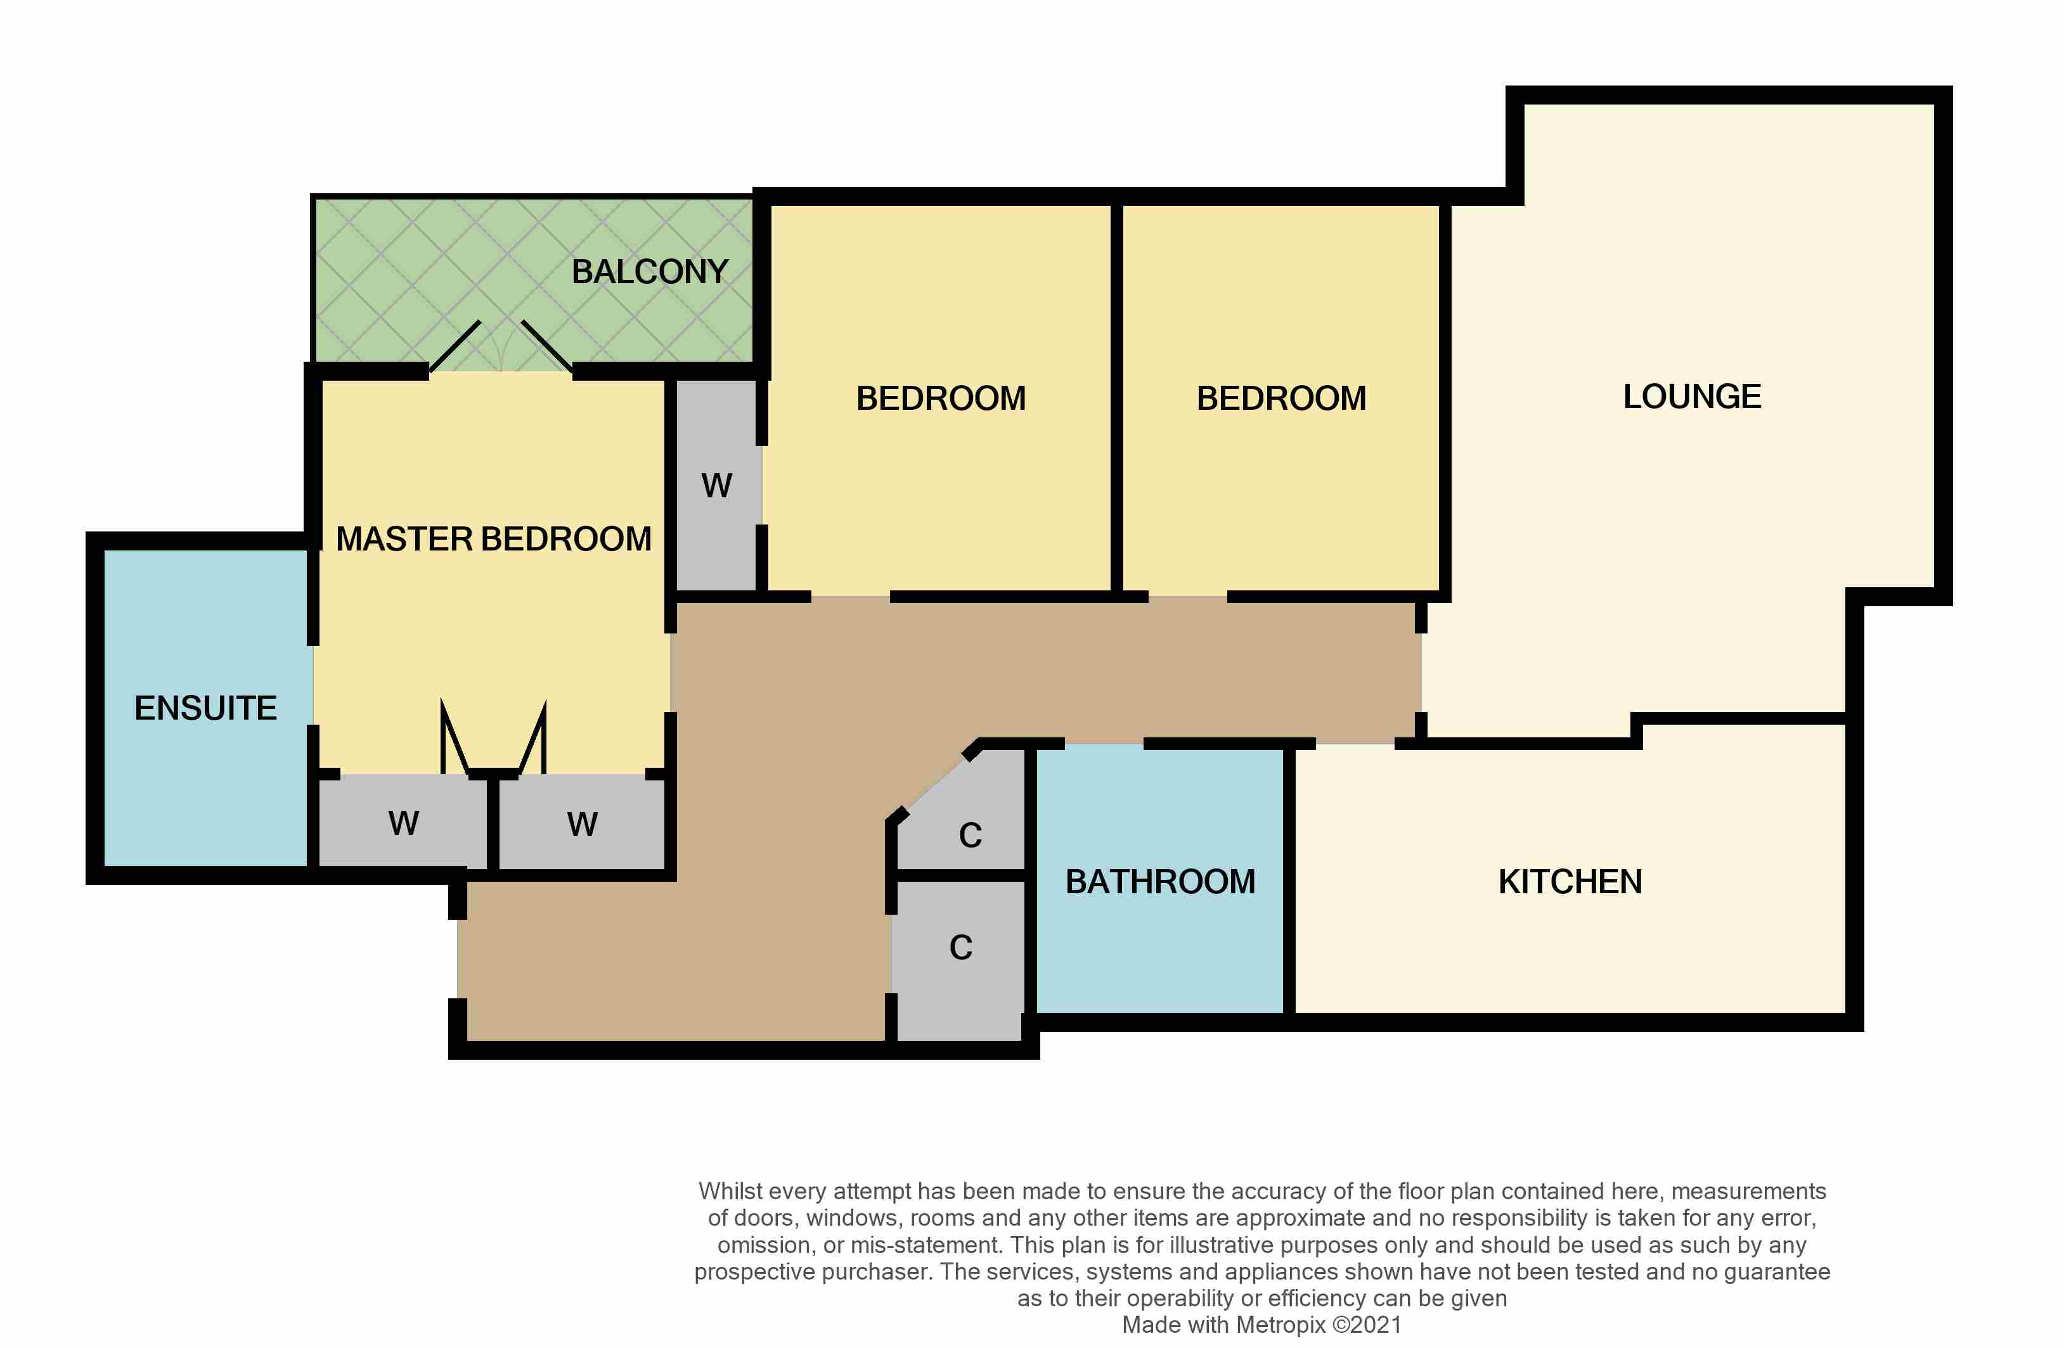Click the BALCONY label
650,272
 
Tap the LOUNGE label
1692,397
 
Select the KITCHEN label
1570,882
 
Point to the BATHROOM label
1160,882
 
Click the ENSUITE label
205,709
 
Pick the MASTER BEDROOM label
493,539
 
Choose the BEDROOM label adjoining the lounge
1281,399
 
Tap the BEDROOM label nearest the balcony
941,399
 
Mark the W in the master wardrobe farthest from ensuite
582,824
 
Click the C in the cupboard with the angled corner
971,836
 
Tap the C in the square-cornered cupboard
961,948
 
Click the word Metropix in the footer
1281,1325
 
